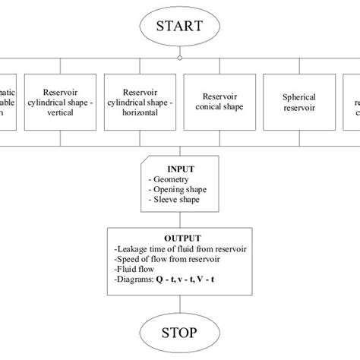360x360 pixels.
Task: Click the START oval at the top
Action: click(179, 27)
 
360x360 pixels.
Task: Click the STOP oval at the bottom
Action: click(179, 332)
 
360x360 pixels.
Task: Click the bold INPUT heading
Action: click(180, 169)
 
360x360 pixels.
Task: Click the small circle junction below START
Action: click(179, 57)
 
